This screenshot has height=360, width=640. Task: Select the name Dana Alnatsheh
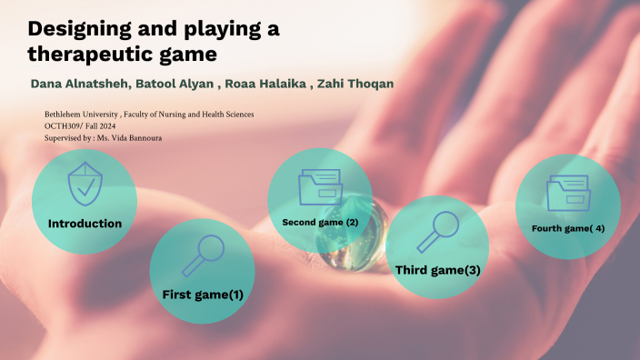coord(80,85)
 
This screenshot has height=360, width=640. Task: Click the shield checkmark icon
coord(85,185)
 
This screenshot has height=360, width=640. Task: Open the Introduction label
coord(85,223)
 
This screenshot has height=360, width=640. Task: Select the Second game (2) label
coord(320,222)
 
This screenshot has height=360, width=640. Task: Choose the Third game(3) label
coord(437,270)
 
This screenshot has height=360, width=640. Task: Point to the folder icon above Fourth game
coord(568,193)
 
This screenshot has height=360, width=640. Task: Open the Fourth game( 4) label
coord(568,228)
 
